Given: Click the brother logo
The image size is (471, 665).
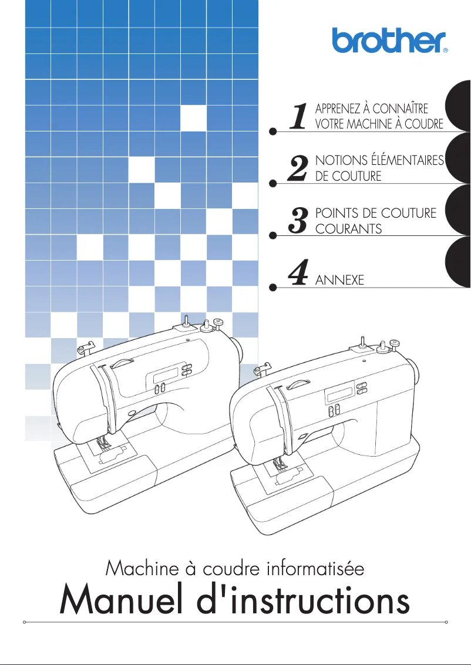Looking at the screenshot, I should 389,40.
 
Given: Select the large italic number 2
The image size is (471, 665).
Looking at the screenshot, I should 299,168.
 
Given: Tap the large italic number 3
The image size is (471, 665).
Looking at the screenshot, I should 299,221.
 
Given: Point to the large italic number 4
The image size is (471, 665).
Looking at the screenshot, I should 299,272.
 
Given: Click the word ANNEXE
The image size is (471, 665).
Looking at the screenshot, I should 339,281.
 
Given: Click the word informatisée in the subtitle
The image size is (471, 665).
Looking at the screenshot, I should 315,568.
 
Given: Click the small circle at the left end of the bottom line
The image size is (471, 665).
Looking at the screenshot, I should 23,622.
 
